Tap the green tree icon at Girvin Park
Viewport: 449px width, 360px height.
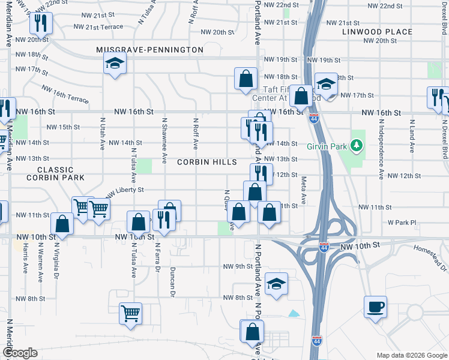357,145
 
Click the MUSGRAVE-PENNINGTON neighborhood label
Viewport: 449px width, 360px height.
149,49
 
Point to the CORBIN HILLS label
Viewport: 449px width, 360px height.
206,163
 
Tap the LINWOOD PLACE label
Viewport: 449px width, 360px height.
377,32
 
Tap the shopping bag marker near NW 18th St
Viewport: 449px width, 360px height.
246,79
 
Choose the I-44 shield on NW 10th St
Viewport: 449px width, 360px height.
324,247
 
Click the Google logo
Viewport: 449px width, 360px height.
19,353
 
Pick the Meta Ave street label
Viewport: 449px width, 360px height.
304,191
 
